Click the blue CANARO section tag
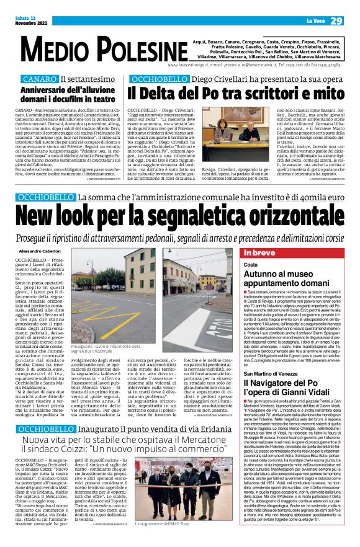(39, 80)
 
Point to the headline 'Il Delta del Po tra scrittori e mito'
(236, 92)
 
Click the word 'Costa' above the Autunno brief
(250, 265)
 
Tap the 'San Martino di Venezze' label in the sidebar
(277, 374)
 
